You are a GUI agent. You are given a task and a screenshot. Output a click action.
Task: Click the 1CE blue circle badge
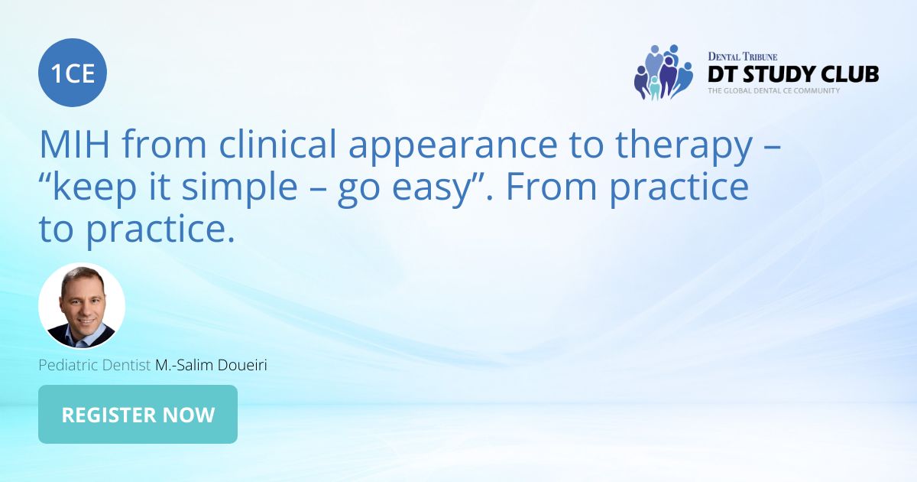(x=73, y=73)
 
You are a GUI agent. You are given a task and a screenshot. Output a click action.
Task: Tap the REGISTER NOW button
(x=138, y=415)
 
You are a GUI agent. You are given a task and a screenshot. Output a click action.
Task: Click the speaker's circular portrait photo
(x=82, y=306)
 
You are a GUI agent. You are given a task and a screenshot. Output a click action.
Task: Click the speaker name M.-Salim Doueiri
(x=211, y=366)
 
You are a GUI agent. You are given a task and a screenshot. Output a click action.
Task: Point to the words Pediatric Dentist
(x=95, y=366)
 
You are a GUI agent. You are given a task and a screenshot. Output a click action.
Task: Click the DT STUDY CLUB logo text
(x=792, y=74)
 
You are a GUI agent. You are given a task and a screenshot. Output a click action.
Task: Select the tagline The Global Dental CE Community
(x=773, y=90)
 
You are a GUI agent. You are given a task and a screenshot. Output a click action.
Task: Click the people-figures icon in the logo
(x=662, y=73)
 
